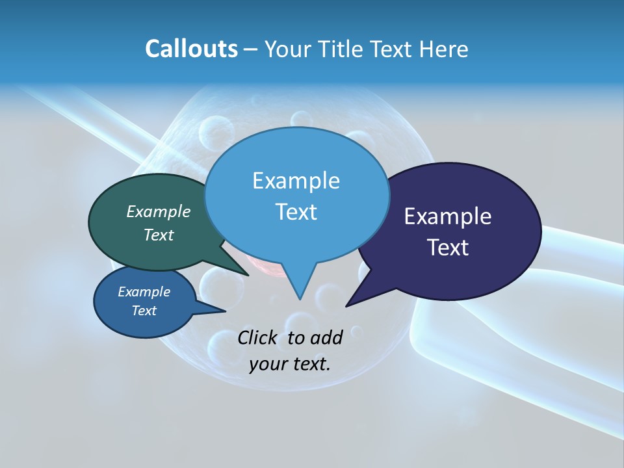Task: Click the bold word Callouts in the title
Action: (191, 49)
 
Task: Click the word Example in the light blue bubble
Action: (296, 181)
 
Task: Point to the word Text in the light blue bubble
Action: (296, 212)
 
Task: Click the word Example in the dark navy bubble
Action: (447, 216)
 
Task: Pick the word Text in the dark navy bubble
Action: (447, 248)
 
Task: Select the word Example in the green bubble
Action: (158, 212)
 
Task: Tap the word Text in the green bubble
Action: (158, 235)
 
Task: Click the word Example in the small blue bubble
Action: (144, 292)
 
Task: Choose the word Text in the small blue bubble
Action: (144, 311)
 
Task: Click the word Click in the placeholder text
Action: (257, 337)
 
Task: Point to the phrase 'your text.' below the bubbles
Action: (290, 364)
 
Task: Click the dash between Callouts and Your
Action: (251, 49)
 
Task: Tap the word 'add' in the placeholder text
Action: (327, 337)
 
